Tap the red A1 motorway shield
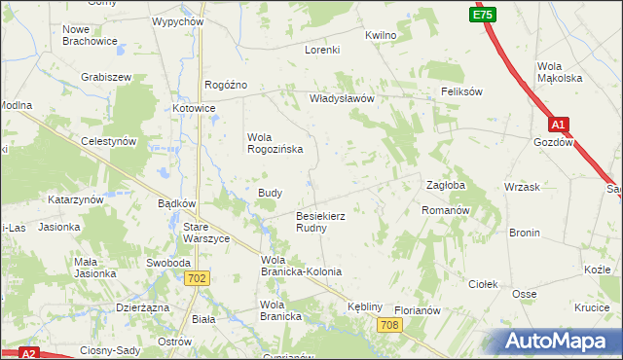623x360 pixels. click(558, 125)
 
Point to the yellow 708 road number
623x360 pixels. click(390, 324)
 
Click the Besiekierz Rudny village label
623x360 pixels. click(321, 221)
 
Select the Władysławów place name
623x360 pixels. click(342, 98)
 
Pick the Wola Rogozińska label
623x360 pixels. click(275, 143)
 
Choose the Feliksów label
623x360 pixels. click(461, 91)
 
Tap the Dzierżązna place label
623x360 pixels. click(142, 306)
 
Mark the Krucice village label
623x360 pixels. click(592, 306)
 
